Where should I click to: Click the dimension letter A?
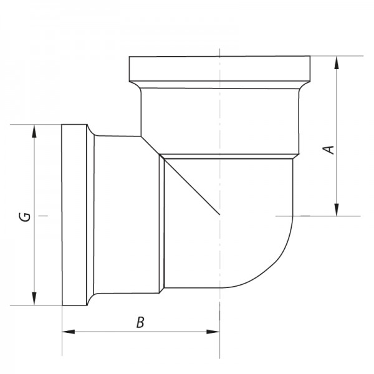coord(330,149)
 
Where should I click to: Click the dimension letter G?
coord(24,217)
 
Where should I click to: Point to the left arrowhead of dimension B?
coord(66,332)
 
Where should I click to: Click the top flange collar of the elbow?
coord(219,66)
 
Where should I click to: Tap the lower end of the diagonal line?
coord(219,215)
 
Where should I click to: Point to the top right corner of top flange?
coord(310,57)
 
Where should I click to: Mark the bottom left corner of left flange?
coord(62,305)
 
